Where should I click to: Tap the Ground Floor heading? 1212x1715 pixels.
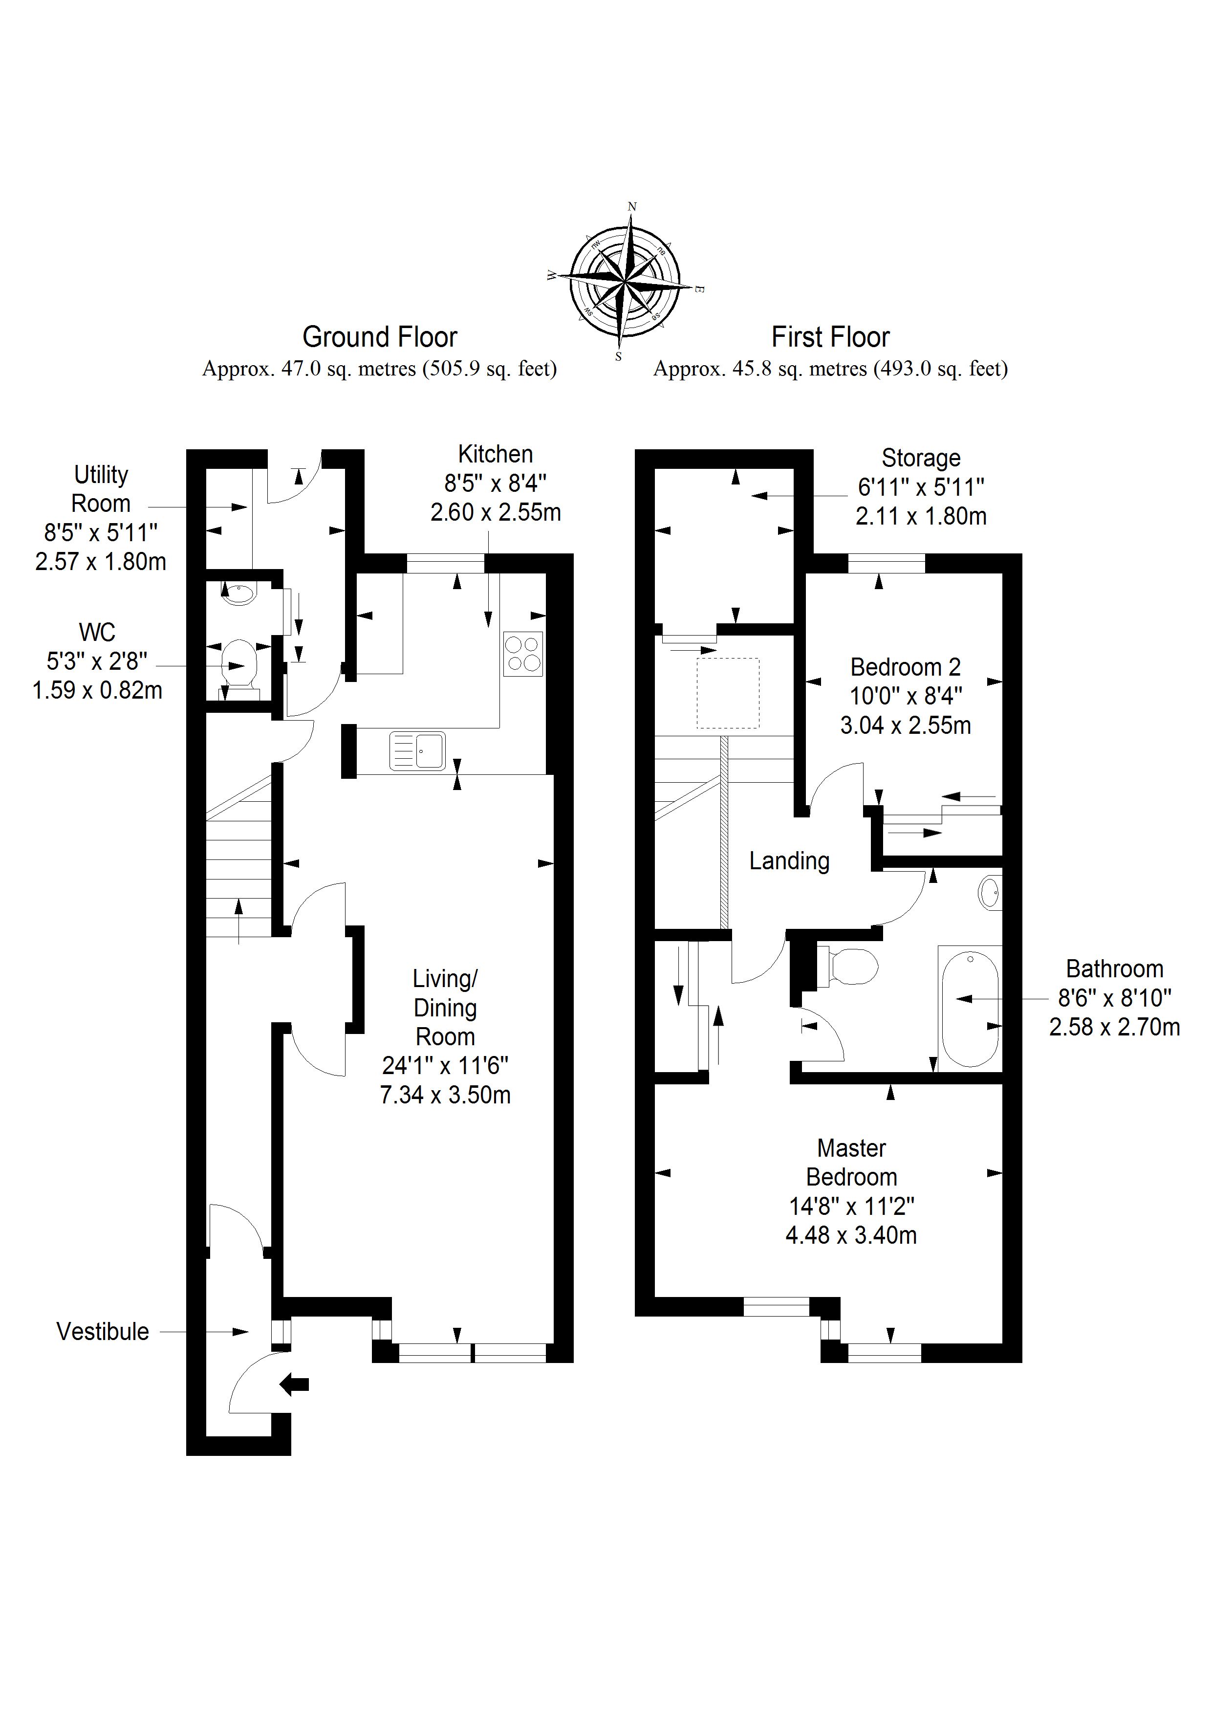pyautogui.click(x=379, y=338)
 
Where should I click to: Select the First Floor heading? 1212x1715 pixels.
pyautogui.click(x=830, y=338)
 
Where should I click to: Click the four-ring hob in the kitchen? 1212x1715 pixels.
pyautogui.click(x=523, y=654)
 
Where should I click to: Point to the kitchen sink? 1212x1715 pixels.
pyautogui.click(x=417, y=751)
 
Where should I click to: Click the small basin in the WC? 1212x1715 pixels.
pyautogui.click(x=238, y=594)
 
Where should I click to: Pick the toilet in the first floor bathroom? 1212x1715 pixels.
pyautogui.click(x=851, y=967)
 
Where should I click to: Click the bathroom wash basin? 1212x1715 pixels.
pyautogui.click(x=990, y=893)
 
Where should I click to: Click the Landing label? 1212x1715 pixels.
pyautogui.click(x=789, y=861)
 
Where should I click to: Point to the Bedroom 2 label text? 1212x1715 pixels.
pyautogui.click(x=905, y=667)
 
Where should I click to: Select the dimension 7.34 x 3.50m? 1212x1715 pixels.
pyautogui.click(x=445, y=1095)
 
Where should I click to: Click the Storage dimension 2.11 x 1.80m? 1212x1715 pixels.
pyautogui.click(x=921, y=516)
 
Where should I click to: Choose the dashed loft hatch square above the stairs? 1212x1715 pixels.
pyautogui.click(x=727, y=693)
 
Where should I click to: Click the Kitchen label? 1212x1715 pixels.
pyautogui.click(x=495, y=454)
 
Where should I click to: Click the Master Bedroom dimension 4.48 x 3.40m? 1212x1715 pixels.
pyautogui.click(x=851, y=1235)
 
